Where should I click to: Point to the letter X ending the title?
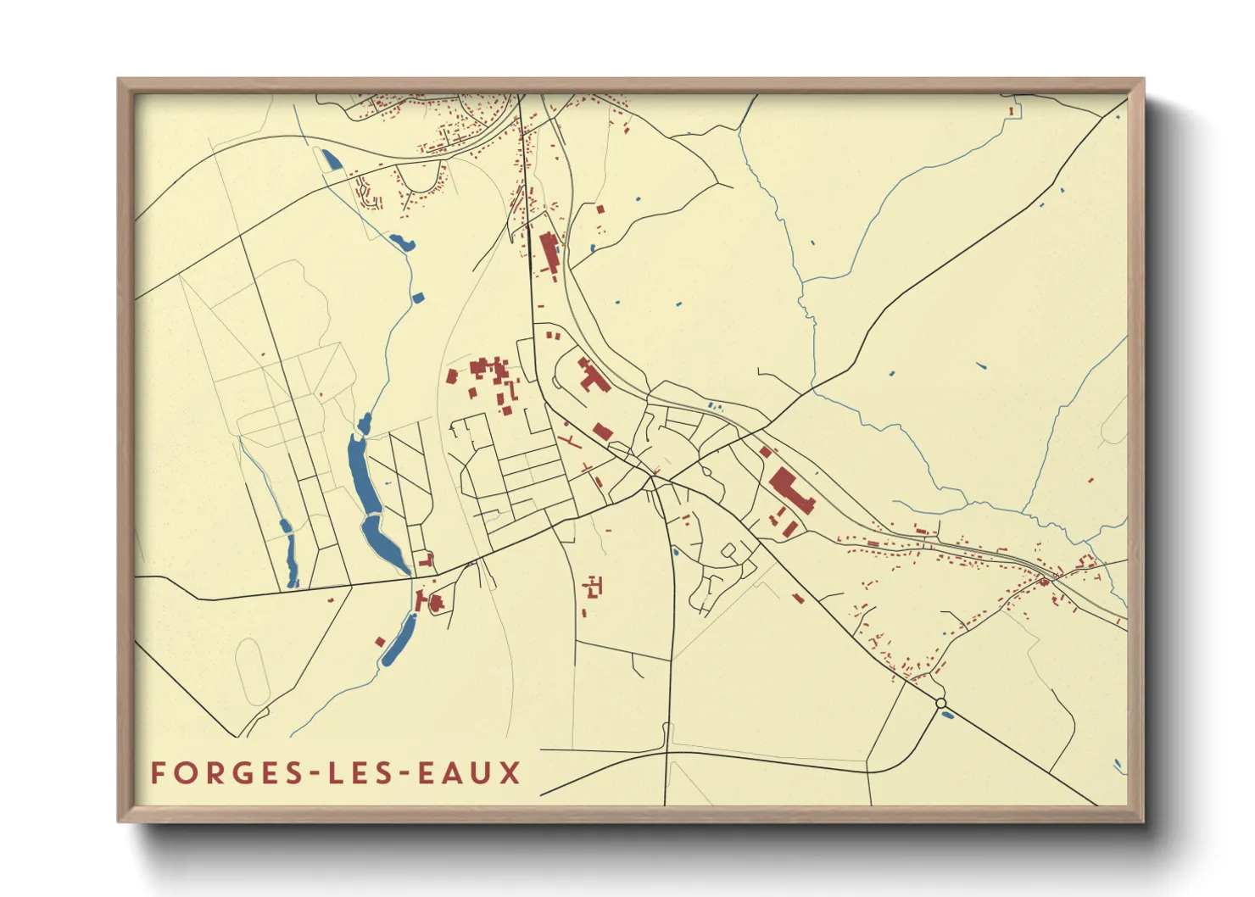point(510,773)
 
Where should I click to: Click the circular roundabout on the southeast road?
point(940,703)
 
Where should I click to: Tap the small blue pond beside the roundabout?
point(947,714)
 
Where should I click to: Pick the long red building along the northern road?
point(548,251)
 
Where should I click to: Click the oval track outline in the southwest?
point(252,670)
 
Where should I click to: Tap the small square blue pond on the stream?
point(416,297)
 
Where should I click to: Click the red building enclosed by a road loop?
point(436,603)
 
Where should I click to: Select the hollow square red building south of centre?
point(594,585)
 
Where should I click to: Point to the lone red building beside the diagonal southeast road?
point(797,599)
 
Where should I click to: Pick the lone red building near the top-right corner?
point(1011,110)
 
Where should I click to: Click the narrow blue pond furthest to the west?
point(290,555)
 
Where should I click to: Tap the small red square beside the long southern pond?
point(380,642)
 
